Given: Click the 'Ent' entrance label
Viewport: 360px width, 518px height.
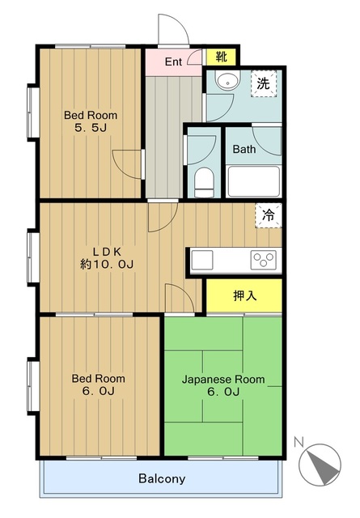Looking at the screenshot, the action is pos(173,62).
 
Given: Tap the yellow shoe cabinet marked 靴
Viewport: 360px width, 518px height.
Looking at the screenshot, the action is pos(221,57).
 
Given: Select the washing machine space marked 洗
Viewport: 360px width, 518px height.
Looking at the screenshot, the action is pos(263,84).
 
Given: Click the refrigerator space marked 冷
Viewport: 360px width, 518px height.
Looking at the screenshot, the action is pos(269,215).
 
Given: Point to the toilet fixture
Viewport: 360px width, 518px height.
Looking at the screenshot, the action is pos(204,182).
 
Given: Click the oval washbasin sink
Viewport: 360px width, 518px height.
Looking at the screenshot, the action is pos(228,80).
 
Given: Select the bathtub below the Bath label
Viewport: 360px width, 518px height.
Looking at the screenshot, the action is pos(254,181).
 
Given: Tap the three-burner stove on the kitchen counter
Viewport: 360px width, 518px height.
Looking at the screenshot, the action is pos(263,260).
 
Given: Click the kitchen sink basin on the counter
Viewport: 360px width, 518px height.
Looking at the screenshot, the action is pos(201,260).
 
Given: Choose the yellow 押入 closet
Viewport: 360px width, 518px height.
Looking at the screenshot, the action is pos(244,295).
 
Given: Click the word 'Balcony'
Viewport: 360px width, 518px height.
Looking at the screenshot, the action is pos(162,478).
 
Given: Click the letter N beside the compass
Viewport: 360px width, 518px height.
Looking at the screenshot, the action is pos(299,441).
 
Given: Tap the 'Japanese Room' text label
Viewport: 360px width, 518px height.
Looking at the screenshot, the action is pos(223,380).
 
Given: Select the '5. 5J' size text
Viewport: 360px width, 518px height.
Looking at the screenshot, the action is pos(91,128).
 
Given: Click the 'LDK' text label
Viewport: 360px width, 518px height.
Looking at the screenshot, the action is pos(107,252).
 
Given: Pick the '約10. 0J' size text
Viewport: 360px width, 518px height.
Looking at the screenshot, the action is pos(107,265).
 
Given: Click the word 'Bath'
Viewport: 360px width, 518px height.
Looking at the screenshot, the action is pos(244,149).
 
